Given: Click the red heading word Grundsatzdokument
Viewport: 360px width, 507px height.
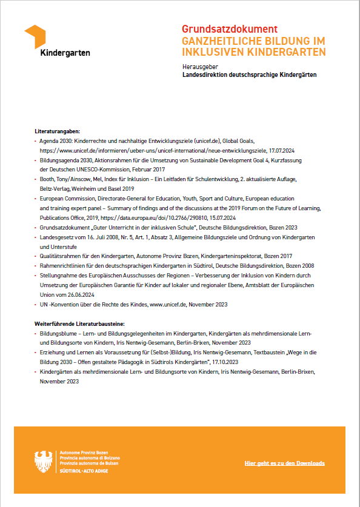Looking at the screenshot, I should coord(230,29).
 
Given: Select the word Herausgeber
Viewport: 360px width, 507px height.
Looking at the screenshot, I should coord(200,66).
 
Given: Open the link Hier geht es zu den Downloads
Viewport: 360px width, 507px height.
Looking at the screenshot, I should coord(284,463).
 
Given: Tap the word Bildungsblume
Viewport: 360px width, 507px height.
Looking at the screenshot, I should coord(59,334).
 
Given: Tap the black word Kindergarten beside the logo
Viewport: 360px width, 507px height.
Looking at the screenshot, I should coord(65,53).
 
